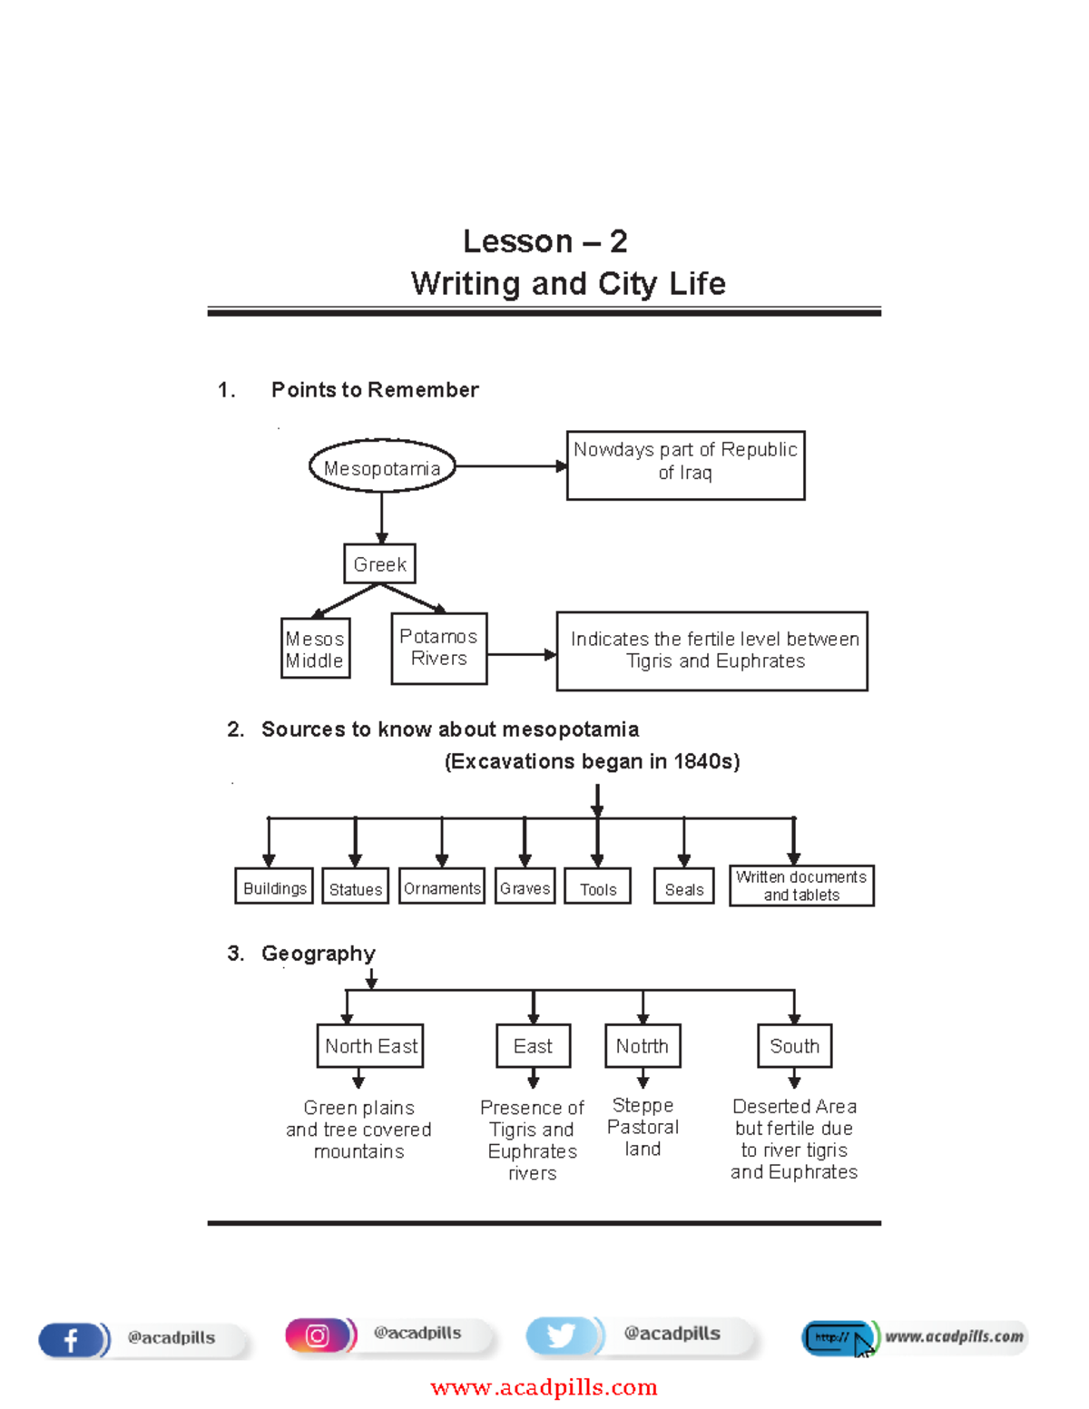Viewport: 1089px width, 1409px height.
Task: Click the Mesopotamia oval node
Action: (382, 467)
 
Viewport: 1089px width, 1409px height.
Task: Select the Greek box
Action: (379, 564)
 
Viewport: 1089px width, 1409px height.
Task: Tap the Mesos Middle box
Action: (315, 649)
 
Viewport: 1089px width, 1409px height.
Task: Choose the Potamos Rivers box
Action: (439, 648)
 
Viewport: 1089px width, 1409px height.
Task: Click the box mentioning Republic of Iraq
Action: (685, 465)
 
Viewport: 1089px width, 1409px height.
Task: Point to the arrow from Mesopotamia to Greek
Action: (382, 517)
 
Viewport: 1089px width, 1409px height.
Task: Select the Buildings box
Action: (274, 887)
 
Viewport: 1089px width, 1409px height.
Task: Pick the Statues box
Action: (356, 888)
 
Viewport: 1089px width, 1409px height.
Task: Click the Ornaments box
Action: (442, 887)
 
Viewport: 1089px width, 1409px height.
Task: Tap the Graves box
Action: (525, 887)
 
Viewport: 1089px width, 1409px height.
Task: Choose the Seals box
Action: (683, 888)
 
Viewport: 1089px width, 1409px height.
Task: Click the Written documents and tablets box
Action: (801, 886)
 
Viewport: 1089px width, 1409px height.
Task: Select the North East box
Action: (370, 1046)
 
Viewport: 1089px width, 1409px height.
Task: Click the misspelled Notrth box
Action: (643, 1046)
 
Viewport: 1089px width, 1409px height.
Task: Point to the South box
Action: (794, 1046)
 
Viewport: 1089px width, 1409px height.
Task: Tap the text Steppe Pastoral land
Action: (643, 1127)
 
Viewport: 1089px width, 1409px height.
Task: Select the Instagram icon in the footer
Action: (317, 1336)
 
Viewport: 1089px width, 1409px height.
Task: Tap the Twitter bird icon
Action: (560, 1336)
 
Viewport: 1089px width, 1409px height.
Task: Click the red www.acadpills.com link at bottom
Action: (544, 1387)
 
